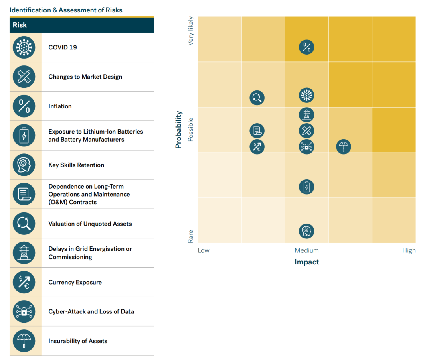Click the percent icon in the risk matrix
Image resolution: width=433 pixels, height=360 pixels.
click(307, 47)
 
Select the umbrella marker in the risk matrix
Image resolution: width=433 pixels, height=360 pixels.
click(344, 146)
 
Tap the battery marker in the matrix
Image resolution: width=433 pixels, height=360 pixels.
click(307, 187)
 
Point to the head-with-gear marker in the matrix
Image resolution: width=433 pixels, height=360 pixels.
click(307, 231)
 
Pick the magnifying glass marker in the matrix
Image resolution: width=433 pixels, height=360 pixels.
click(257, 98)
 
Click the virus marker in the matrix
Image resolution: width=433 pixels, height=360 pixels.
click(307, 96)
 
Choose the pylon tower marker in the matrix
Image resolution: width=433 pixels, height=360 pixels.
click(307, 115)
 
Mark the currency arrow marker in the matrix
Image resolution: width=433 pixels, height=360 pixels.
click(257, 146)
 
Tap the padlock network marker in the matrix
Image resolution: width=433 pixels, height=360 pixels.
click(307, 146)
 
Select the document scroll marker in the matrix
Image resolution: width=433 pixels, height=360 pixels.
click(257, 131)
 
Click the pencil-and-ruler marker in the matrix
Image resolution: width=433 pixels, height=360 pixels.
click(307, 131)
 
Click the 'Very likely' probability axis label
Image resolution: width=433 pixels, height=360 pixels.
click(191, 31)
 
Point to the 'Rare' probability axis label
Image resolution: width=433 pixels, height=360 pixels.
click(191, 236)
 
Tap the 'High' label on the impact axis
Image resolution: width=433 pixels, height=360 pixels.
click(409, 250)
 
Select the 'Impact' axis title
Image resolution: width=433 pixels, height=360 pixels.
click(307, 262)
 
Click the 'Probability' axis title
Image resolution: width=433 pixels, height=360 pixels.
click(179, 130)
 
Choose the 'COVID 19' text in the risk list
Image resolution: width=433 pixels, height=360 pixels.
click(63, 47)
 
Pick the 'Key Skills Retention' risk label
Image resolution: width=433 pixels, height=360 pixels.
click(76, 165)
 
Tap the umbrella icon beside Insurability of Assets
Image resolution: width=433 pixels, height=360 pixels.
click(24, 341)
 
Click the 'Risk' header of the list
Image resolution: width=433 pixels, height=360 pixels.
click(20, 25)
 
